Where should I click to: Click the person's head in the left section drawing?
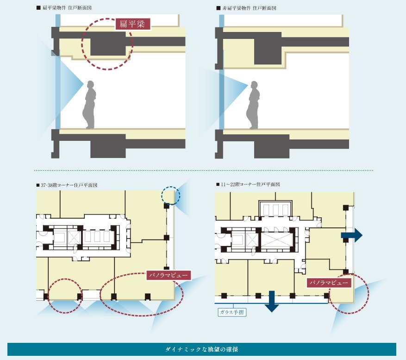[x=91, y=85]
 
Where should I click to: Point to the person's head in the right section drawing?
[x=254, y=85]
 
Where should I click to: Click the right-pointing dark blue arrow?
[x=352, y=235]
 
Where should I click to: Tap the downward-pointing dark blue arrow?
[x=272, y=301]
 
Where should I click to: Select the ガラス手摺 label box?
[x=232, y=312]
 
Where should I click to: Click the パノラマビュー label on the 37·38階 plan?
[x=169, y=275]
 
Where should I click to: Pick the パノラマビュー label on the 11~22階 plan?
[x=329, y=283]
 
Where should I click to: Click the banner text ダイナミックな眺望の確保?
[x=202, y=349]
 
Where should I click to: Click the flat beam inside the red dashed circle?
[x=108, y=44]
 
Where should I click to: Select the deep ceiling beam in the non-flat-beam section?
[x=268, y=49]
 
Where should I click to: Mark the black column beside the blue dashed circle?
[x=167, y=206]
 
